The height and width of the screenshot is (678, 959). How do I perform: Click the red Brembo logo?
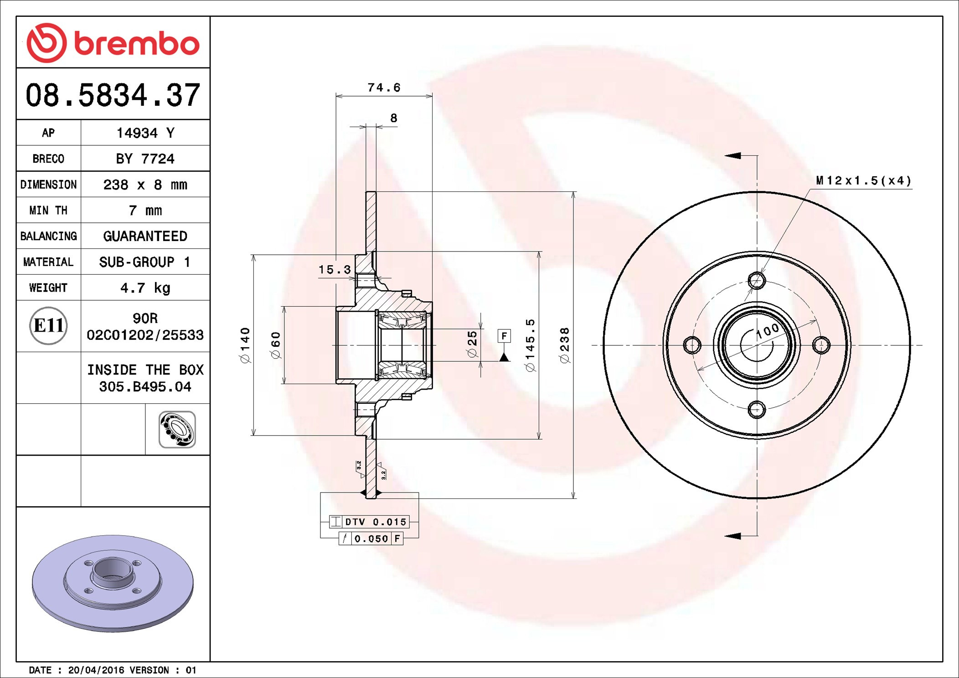(x=113, y=43)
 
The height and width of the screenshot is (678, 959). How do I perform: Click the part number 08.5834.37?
(x=113, y=95)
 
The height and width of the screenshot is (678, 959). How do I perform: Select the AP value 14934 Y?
(x=145, y=133)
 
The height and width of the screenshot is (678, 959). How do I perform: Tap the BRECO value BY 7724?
(x=145, y=159)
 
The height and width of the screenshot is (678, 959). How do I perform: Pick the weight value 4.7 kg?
(x=145, y=288)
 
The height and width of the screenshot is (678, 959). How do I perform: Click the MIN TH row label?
(x=48, y=211)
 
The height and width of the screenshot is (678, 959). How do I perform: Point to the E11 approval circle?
(x=48, y=325)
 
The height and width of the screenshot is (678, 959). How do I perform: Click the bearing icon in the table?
(x=177, y=429)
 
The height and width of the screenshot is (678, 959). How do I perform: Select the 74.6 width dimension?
(x=384, y=87)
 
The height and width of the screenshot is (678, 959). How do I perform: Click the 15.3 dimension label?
(x=335, y=270)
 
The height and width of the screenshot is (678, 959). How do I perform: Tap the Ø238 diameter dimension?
(x=565, y=345)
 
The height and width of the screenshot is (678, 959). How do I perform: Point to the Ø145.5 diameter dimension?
(x=530, y=345)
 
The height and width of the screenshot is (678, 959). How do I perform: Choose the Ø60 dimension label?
(x=276, y=345)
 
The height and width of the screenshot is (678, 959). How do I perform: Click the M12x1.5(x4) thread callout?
(x=863, y=181)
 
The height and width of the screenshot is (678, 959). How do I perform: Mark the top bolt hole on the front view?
(x=757, y=281)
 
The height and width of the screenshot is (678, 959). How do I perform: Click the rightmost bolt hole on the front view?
(x=821, y=345)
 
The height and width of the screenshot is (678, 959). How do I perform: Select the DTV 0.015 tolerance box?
(x=369, y=522)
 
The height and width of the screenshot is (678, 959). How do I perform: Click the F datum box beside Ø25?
(x=504, y=336)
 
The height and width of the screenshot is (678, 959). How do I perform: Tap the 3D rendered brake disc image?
(x=113, y=583)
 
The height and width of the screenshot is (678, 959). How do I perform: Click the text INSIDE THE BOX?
(x=145, y=370)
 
